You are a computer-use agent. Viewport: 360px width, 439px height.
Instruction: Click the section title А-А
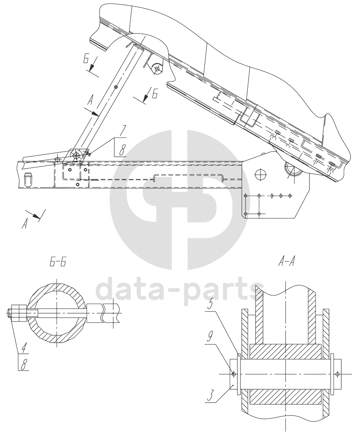click(285, 262)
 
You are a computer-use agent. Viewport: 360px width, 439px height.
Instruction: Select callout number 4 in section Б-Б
click(24, 349)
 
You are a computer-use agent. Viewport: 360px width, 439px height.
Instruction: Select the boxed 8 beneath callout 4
click(25, 365)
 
